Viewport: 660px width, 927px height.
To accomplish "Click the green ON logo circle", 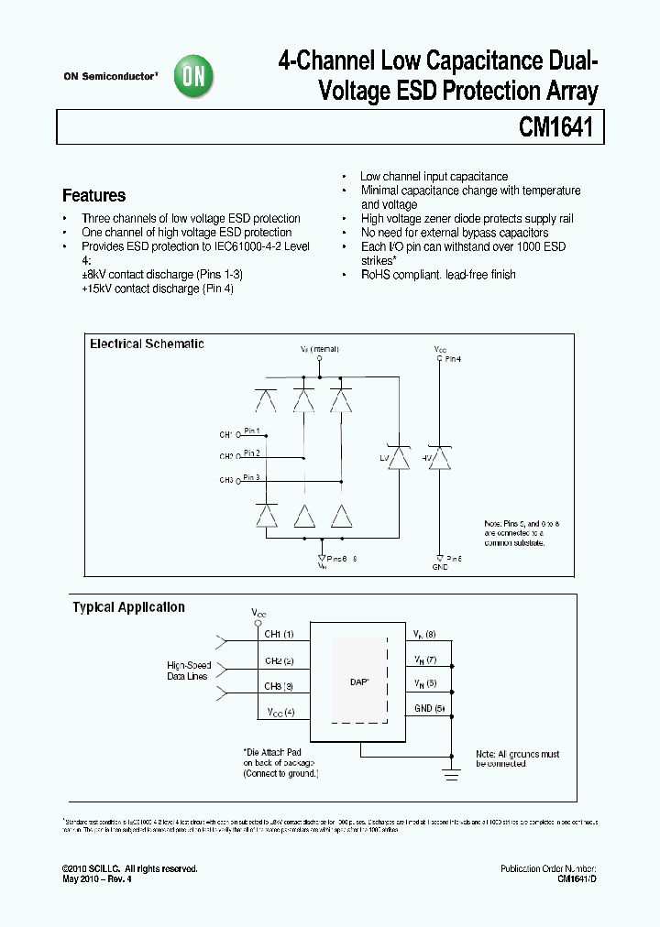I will (x=194, y=78).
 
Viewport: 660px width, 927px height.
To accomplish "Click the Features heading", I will (x=93, y=195).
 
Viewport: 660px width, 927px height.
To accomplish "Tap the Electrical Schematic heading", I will (x=147, y=344).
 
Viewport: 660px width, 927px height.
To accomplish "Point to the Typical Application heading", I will (x=128, y=607).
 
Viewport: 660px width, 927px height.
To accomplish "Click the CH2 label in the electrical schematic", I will (x=225, y=456).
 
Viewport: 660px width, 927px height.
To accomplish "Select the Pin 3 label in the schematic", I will (x=251, y=477).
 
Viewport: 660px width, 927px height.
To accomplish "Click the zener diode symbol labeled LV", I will (x=398, y=457).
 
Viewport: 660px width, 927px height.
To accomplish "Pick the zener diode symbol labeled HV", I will (x=442, y=457).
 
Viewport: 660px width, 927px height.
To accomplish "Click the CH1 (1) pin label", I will (x=280, y=634).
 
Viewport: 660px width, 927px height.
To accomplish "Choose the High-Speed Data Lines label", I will (x=189, y=671).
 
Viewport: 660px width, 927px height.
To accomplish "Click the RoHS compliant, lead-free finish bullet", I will (x=437, y=275).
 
